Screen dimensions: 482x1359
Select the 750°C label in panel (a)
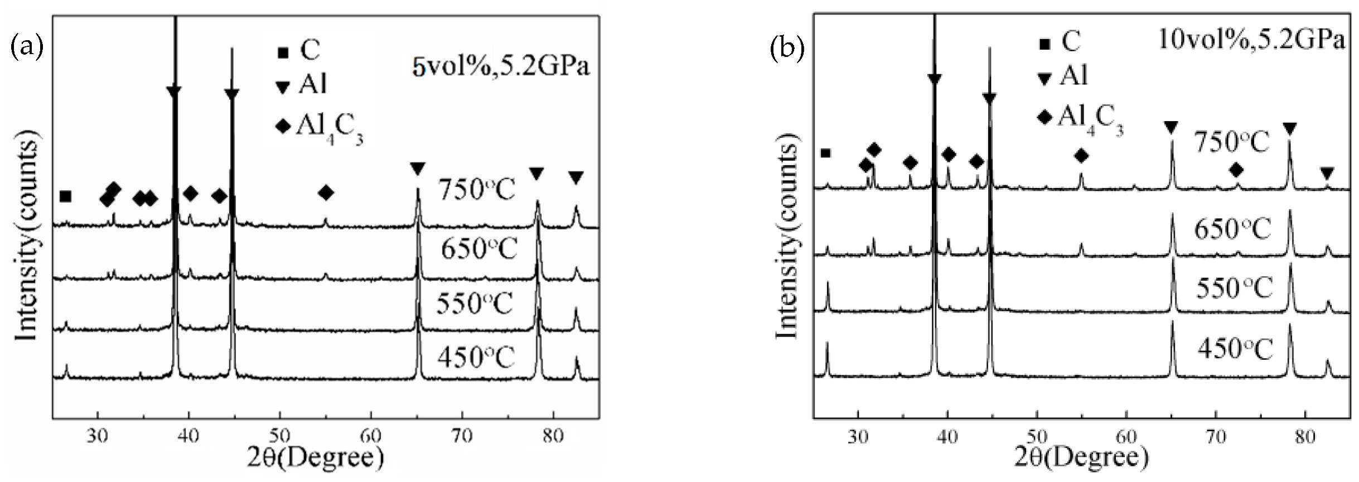(477, 190)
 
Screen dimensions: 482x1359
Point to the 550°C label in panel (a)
(475, 305)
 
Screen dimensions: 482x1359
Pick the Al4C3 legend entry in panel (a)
(320, 128)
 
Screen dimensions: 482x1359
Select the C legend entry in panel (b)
(1061, 41)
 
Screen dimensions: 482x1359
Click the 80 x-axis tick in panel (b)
(1304, 437)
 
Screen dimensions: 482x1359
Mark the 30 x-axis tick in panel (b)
(857, 437)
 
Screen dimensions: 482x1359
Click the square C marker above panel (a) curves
(66, 196)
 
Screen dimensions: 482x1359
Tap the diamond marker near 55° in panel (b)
(1081, 156)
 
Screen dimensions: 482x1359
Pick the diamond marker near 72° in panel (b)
(1236, 170)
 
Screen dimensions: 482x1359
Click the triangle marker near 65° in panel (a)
(418, 168)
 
